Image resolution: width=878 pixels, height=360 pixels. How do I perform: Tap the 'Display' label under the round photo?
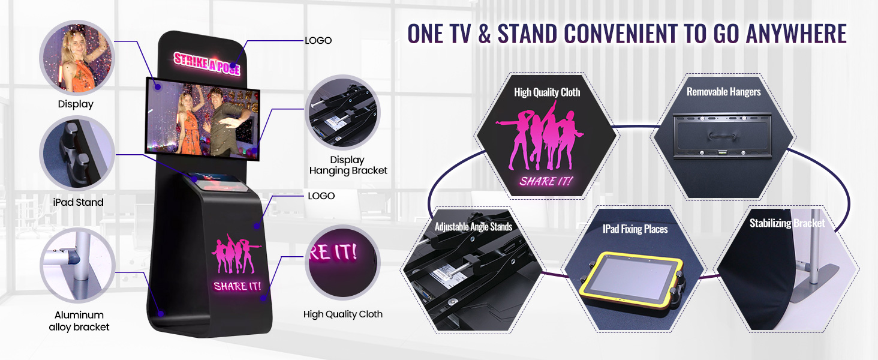click(76, 104)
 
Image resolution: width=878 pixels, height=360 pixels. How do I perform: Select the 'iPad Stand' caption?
click(79, 203)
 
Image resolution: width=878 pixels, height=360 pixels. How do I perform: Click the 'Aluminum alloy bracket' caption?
click(79, 321)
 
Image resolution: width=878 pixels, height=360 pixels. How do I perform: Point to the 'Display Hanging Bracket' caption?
click(348, 165)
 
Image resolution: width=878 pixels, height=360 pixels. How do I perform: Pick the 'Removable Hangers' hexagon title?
click(723, 92)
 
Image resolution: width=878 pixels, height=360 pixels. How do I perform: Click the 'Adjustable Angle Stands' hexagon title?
click(473, 227)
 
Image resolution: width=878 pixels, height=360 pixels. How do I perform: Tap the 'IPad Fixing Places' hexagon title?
click(635, 229)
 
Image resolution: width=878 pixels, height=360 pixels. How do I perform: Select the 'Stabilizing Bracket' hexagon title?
click(787, 224)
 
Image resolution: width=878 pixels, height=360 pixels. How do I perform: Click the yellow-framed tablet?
click(632, 283)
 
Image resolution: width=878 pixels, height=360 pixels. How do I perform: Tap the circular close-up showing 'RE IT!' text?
click(342, 262)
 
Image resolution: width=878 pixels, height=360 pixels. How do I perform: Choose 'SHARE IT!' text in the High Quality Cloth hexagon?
click(546, 181)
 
